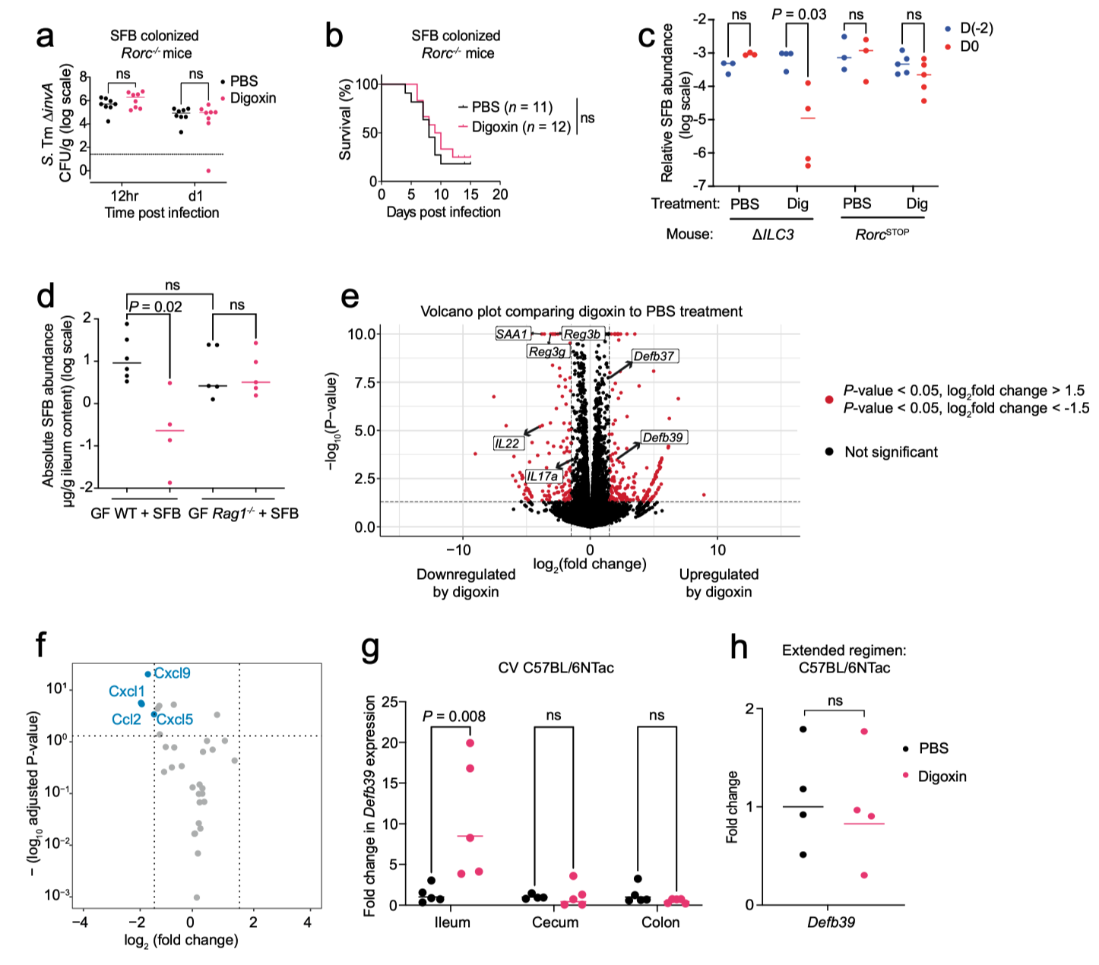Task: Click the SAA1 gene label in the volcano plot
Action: point(513,334)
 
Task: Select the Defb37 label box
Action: point(654,356)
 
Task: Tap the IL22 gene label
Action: point(507,443)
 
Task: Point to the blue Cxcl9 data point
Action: point(148,674)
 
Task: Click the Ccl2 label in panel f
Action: point(126,719)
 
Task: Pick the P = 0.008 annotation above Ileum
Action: point(454,716)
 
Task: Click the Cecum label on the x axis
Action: point(555,922)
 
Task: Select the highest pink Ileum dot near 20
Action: point(470,743)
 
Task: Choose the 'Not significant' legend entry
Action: point(891,452)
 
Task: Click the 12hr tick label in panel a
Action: point(124,195)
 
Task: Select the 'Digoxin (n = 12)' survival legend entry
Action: point(521,127)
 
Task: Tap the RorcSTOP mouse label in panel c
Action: point(882,234)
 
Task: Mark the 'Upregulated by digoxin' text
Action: point(718,583)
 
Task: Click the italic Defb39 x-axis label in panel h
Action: point(832,923)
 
